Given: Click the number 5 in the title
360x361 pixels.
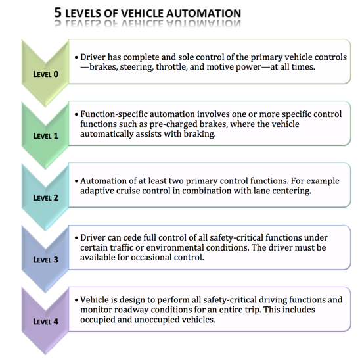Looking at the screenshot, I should point(58,12).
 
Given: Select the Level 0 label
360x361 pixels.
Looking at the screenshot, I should point(45,74).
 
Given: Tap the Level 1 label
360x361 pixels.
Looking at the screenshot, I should point(45,136).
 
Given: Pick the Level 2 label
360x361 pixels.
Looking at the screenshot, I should point(45,197).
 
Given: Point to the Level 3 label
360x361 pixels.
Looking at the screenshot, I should point(45,259).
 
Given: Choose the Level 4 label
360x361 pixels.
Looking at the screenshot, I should point(45,321).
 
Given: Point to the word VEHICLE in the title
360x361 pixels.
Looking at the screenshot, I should point(142,12).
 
